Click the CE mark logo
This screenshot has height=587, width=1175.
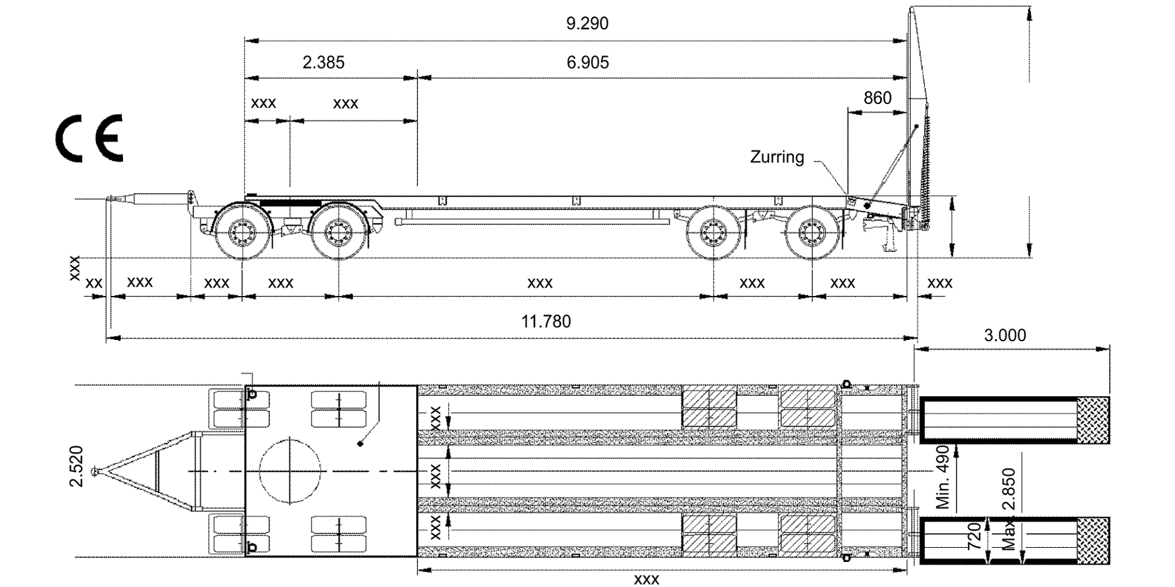[x=89, y=138]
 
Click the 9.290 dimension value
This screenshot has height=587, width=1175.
[x=587, y=24]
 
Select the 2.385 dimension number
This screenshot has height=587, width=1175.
[x=323, y=62]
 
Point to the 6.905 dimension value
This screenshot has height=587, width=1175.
[x=587, y=62]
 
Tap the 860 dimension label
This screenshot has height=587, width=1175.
[x=877, y=98]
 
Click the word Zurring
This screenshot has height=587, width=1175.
[x=777, y=157]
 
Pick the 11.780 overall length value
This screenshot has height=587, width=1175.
[x=546, y=321]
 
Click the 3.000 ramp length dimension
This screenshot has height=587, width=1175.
[x=1005, y=335]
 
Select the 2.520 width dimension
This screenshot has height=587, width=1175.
[x=76, y=466]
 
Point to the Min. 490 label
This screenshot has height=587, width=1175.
[x=943, y=477]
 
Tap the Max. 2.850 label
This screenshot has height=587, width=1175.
[x=1009, y=509]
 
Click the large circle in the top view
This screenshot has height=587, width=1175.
[x=289, y=471]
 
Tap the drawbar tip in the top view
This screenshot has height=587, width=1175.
[x=94, y=471]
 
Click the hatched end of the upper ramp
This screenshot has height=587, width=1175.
[x=1093, y=419]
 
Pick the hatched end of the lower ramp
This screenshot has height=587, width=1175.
[x=1093, y=541]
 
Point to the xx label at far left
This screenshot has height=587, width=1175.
[x=94, y=284]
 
